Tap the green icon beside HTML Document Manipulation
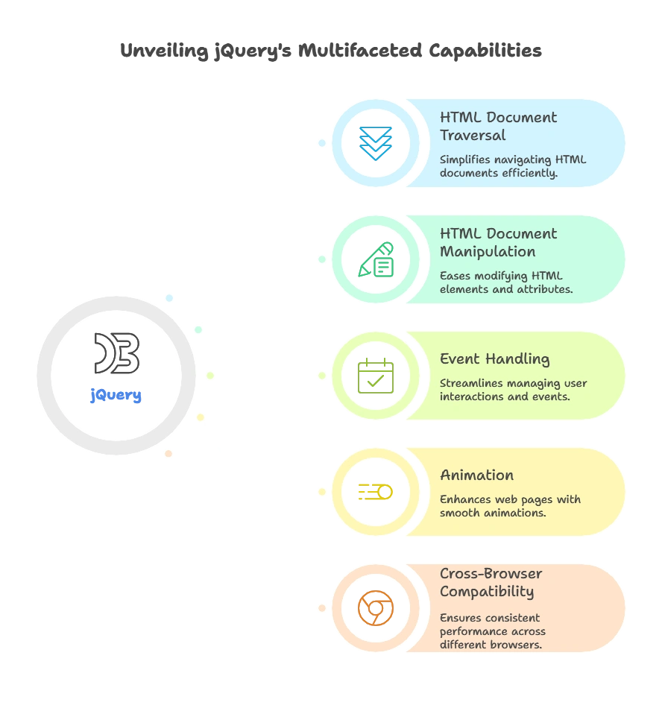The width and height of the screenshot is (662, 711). [376, 259]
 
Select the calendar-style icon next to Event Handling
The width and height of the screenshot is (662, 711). [375, 375]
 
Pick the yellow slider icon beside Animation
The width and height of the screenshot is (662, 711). [375, 492]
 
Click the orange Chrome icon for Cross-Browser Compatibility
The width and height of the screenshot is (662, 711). [375, 608]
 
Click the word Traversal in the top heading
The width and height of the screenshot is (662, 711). [473, 136]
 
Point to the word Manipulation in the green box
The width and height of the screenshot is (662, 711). [488, 252]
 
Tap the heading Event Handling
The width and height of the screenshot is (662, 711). [494, 359]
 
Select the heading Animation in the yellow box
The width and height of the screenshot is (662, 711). [476, 475]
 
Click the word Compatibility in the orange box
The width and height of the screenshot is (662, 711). [487, 592]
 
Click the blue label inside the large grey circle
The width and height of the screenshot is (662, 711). [116, 396]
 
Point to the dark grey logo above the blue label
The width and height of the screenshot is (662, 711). [116, 353]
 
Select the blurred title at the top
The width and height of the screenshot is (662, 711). [331, 51]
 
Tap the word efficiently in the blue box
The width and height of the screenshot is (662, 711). [531, 173]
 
